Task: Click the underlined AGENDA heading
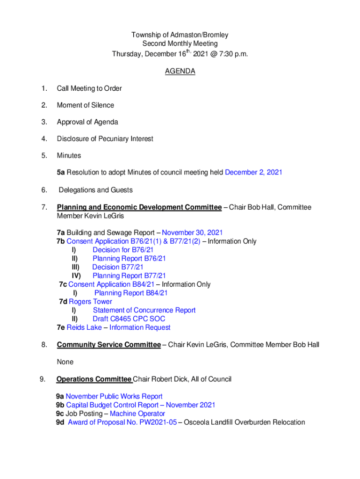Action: [180, 72]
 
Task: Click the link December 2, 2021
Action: [253, 173]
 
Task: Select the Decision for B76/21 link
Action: [123, 250]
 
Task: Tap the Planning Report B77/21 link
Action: [129, 276]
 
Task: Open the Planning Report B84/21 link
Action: [131, 293]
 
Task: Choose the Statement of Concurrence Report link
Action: [144, 310]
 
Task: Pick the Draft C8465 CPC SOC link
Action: [129, 319]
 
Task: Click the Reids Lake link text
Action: [84, 327]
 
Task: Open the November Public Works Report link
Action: [114, 397]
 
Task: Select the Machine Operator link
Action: [137, 414]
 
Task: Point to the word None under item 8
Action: [65, 362]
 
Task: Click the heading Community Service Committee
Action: [108, 345]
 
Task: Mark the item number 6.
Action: [43, 190]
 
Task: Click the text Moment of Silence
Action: [86, 105]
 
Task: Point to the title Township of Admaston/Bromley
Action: [180, 35]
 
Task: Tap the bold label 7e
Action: [61, 327]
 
